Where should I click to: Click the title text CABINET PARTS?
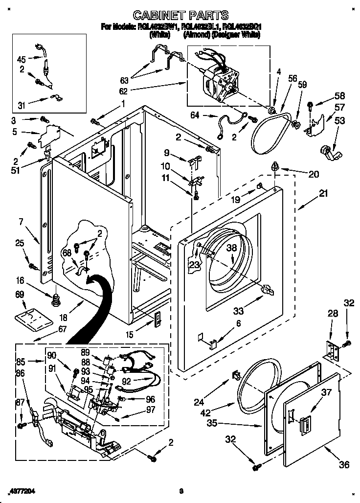pos(180,16)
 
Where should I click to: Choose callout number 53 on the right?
pos(339,120)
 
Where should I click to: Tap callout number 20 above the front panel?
pos(313,174)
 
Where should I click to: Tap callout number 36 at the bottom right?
pos(344,464)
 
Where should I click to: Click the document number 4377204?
pos(22,491)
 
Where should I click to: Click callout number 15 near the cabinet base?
pos(130,335)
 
